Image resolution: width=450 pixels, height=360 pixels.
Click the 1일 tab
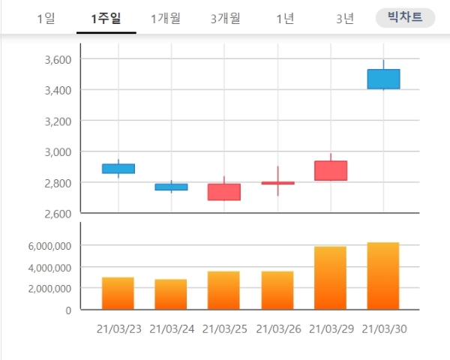point(46,19)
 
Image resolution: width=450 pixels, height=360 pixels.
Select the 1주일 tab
point(106,19)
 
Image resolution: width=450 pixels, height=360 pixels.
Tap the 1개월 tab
point(165,19)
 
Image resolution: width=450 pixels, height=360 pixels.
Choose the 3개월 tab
point(225,19)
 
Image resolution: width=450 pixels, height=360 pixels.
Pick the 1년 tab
point(285,19)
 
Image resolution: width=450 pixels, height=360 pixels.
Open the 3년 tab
point(345,19)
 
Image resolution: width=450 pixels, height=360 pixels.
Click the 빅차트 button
point(405,18)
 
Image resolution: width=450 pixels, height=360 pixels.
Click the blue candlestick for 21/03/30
point(383,79)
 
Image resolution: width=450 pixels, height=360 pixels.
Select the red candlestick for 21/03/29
point(330,170)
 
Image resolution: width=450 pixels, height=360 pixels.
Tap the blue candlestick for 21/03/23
point(118,168)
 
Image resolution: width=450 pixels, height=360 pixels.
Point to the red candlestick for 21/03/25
point(224,192)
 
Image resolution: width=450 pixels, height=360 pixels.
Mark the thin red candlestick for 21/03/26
point(277,183)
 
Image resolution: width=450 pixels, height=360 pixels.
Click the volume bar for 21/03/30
point(383,275)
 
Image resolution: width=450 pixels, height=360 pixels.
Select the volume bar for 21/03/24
point(171,294)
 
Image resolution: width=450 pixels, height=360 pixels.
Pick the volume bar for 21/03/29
point(330,277)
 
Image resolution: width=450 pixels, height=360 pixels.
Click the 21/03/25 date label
point(224,328)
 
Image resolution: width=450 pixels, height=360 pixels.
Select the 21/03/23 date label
point(118,328)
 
